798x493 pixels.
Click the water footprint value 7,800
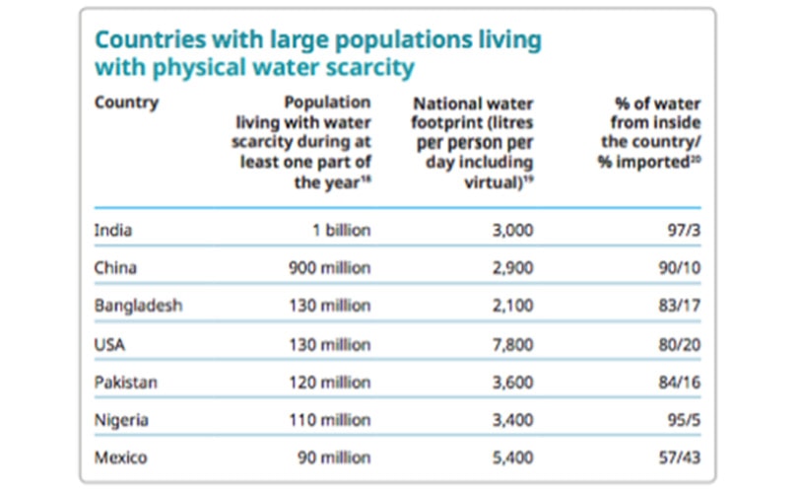(x=512, y=344)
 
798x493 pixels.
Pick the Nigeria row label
(x=121, y=420)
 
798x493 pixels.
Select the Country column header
(x=126, y=102)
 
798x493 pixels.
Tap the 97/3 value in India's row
(x=682, y=231)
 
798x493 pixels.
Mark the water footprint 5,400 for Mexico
(x=512, y=458)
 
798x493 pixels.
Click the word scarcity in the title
(x=366, y=68)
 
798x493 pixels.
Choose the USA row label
(x=108, y=344)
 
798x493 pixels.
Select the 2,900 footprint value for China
(x=512, y=268)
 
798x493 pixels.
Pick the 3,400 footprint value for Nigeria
(x=512, y=420)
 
